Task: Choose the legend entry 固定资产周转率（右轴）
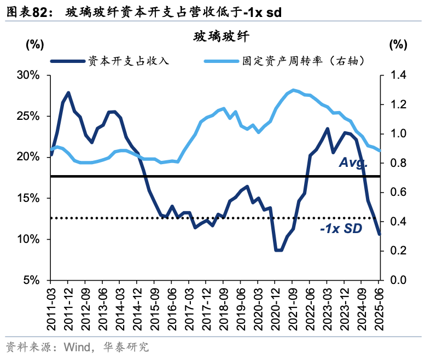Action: click(x=303, y=61)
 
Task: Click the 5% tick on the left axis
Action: click(x=31, y=280)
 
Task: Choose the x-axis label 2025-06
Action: click(x=378, y=309)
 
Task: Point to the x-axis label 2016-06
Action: click(x=172, y=309)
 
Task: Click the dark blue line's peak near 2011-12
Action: click(x=68, y=92)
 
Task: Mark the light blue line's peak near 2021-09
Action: click(x=293, y=90)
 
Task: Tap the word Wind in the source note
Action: click(x=76, y=347)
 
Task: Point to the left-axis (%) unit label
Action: click(x=36, y=45)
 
